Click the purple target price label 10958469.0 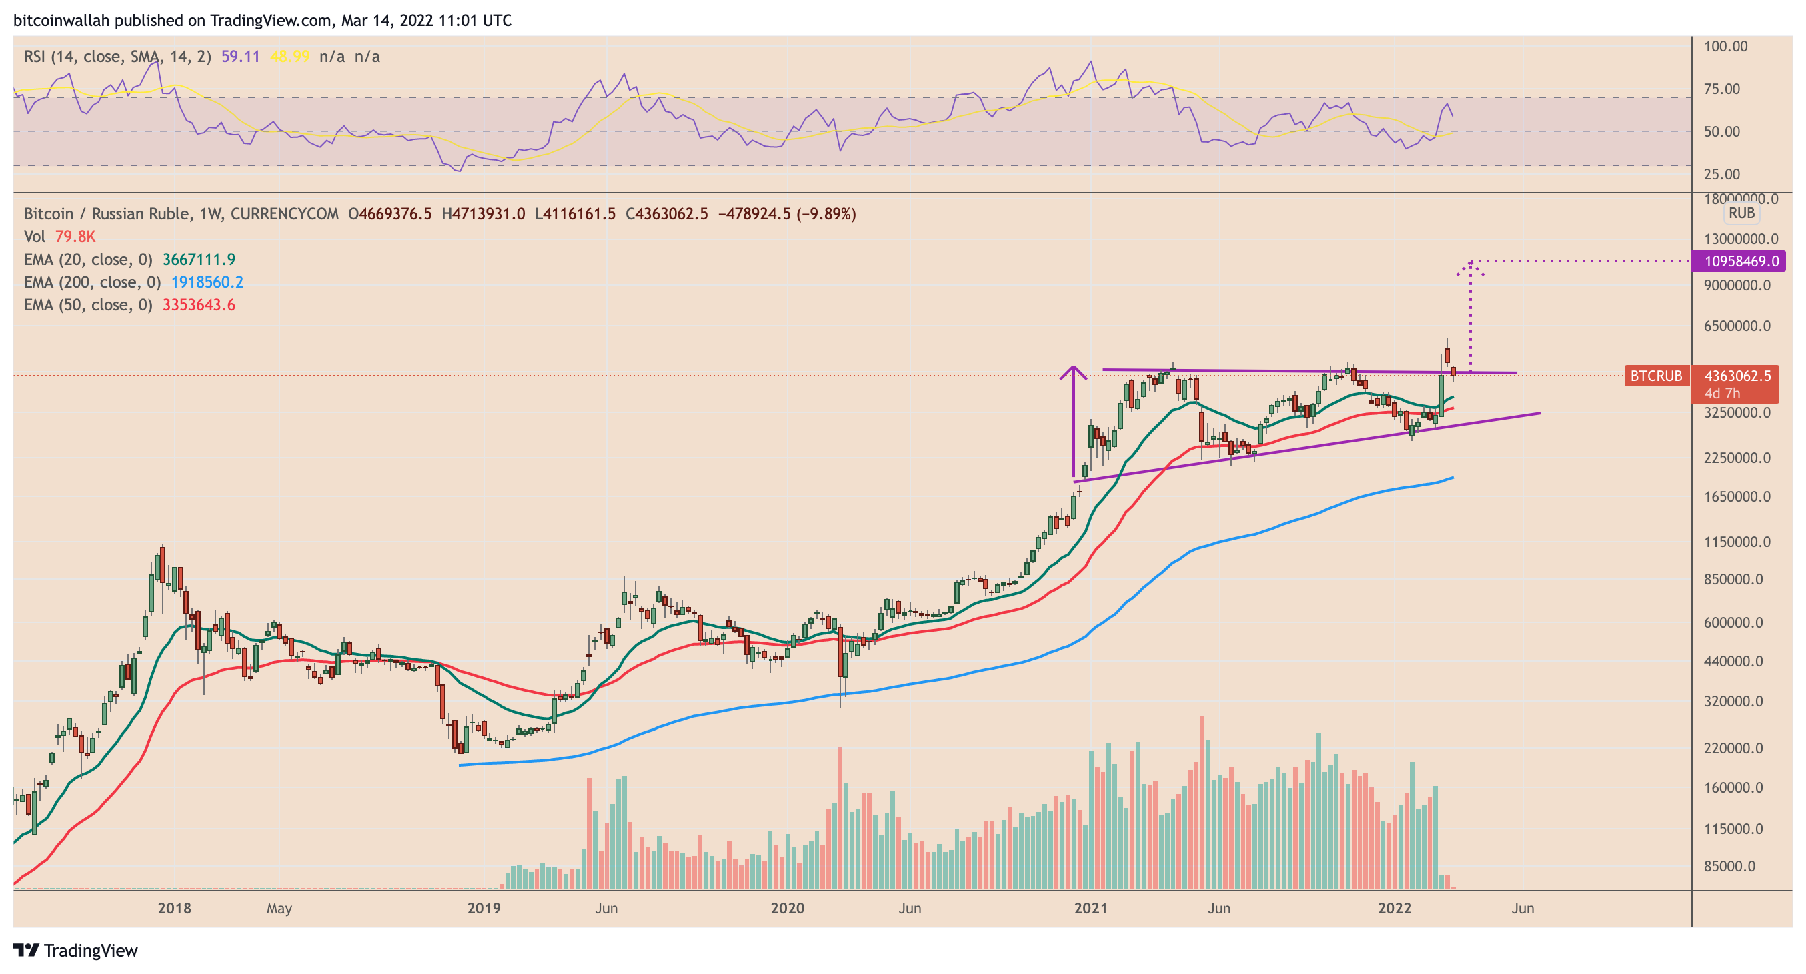pos(1740,261)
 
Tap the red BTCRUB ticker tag pos(1655,376)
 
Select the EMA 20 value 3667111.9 pos(199,260)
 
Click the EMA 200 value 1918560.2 pos(207,282)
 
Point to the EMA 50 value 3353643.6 pos(199,305)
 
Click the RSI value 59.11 pos(241,57)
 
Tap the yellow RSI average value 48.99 pos(289,57)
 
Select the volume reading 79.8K pos(75,237)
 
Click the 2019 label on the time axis pos(484,908)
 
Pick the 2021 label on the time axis pos(1090,908)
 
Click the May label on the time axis pos(279,908)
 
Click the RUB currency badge pos(1741,213)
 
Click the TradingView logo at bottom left pos(76,950)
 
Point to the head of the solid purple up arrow pos(1072,369)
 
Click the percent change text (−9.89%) pos(830,215)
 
